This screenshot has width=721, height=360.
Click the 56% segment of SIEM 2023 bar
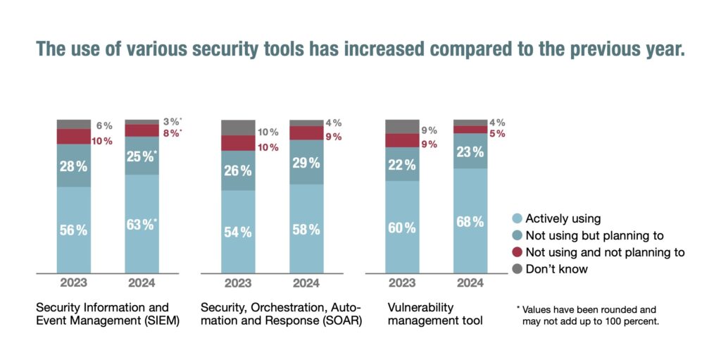click(73, 230)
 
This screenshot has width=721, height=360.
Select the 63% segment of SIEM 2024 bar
click(142, 224)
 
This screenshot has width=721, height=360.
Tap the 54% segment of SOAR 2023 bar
click(238, 232)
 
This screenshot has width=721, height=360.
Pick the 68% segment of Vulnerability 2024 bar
click(470, 221)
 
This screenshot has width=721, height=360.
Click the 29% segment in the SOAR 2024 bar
click(306, 162)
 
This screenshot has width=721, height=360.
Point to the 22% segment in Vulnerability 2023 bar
click(402, 163)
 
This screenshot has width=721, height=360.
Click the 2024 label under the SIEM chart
click(142, 283)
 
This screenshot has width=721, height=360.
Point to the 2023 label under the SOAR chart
click(238, 283)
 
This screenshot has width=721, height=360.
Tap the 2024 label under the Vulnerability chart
click(470, 283)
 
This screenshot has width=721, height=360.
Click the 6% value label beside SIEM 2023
click(104, 125)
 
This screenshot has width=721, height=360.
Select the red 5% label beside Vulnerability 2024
click(497, 134)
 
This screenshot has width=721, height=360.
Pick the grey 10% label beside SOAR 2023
click(268, 132)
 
